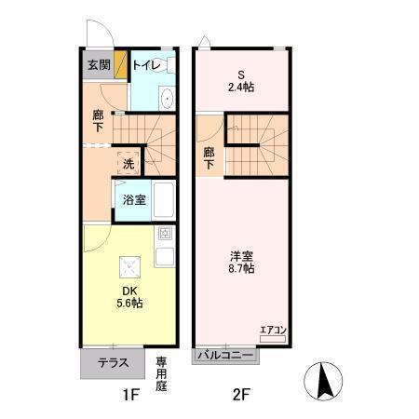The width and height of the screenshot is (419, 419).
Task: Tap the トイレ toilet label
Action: [148, 65]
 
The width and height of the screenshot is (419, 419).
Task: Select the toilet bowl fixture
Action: [166, 99]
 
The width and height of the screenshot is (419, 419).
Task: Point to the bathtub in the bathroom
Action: [164, 200]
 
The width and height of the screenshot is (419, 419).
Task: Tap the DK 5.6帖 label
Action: [129, 296]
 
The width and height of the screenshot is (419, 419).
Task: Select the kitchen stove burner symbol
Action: [165, 234]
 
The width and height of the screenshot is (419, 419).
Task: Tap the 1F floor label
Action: [129, 394]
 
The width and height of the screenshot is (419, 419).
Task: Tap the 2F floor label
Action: [241, 394]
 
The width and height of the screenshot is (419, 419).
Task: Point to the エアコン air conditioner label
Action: [273, 329]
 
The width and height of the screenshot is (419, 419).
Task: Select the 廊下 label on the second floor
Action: [209, 159]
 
